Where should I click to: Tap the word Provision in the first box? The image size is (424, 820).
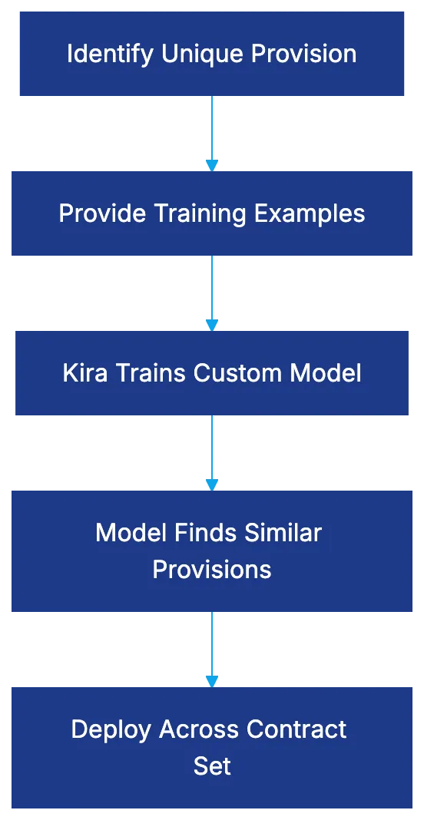pyautogui.click(x=304, y=54)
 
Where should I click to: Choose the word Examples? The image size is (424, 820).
pyautogui.click(x=310, y=213)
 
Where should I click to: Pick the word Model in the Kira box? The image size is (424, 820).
pyautogui.click(x=326, y=373)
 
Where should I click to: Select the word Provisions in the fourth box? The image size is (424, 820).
pyautogui.click(x=211, y=569)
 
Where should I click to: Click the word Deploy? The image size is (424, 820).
pyautogui.click(x=111, y=729)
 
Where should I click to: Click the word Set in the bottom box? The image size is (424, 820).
pyautogui.click(x=211, y=765)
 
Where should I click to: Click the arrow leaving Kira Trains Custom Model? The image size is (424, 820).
pyautogui.click(x=212, y=452)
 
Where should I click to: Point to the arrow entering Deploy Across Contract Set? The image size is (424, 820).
pyautogui.click(x=212, y=649)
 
